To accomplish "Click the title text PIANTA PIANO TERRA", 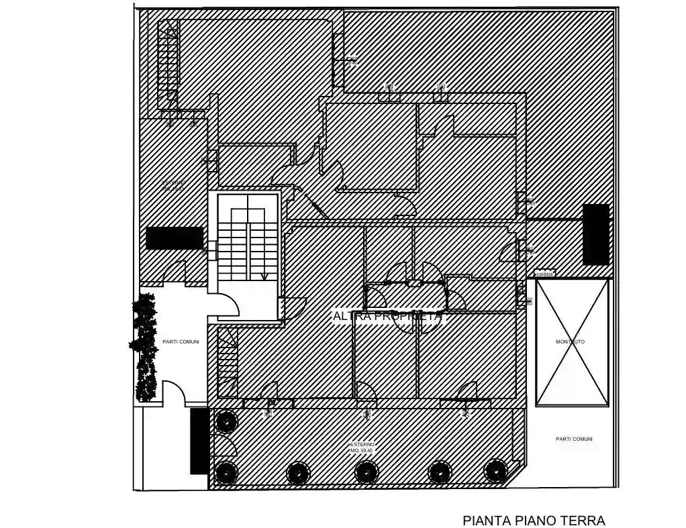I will (534, 521).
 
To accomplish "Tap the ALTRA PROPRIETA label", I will (389, 315).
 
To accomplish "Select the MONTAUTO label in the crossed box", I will (571, 341).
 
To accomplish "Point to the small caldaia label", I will (544, 274).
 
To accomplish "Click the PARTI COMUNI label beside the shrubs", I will (181, 341).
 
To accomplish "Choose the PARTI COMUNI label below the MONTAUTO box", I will (574, 439).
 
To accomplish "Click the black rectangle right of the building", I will (596, 234).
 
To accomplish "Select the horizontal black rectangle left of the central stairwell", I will (175, 237).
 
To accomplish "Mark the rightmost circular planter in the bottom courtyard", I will (495, 470).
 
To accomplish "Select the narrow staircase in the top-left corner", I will (168, 64).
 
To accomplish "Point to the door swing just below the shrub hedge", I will (173, 392).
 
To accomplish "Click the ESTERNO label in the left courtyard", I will (173, 186).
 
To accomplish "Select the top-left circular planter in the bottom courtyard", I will (226, 421).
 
